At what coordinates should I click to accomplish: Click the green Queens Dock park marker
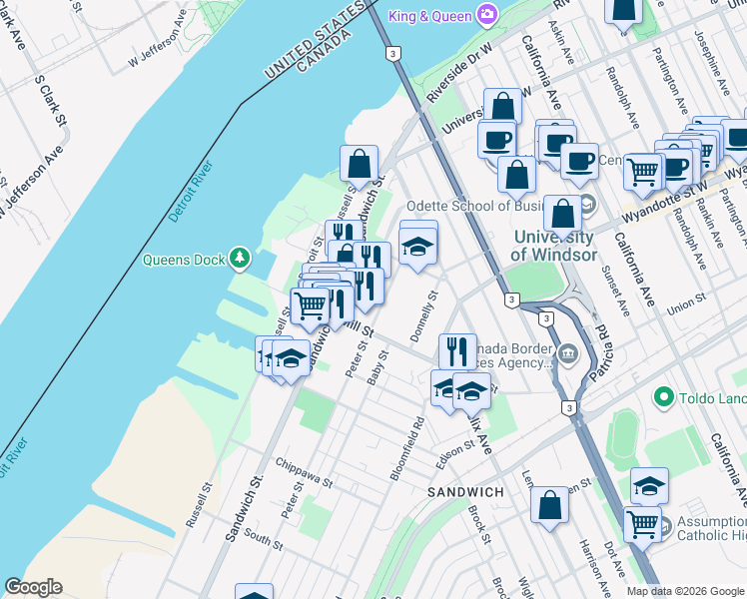[x=239, y=260]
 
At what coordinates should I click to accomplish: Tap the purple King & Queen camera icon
[x=486, y=13]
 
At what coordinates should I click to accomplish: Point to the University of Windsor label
[x=552, y=245]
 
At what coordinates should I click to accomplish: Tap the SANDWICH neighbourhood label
[x=465, y=493]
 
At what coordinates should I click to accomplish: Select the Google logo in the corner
[x=33, y=587]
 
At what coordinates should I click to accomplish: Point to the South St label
[x=264, y=539]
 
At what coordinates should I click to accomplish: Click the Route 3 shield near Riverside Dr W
[x=393, y=52]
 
